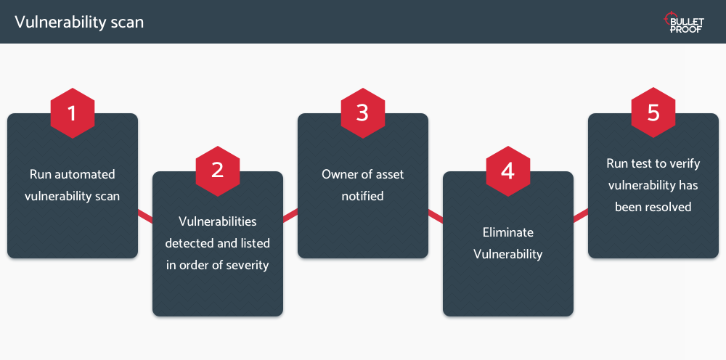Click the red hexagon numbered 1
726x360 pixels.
(72, 113)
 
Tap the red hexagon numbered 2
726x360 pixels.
(218, 171)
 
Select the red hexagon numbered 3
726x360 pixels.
(363, 113)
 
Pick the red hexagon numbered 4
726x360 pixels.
(508, 171)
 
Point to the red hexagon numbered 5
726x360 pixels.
(653, 112)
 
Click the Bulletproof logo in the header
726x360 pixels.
(685, 22)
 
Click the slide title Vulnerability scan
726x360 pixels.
(79, 22)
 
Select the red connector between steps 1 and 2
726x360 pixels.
(145, 216)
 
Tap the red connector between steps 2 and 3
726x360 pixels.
(290, 216)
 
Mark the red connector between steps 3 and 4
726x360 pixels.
(435, 216)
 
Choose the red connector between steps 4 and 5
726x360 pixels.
(581, 216)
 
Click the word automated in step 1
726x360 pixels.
(85, 174)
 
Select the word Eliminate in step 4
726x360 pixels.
(508, 232)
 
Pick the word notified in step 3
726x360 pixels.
(362, 196)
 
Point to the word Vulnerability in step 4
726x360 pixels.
(508, 254)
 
